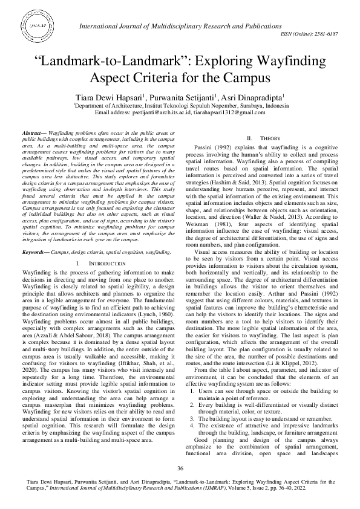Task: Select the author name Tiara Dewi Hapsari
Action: click(107, 97)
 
